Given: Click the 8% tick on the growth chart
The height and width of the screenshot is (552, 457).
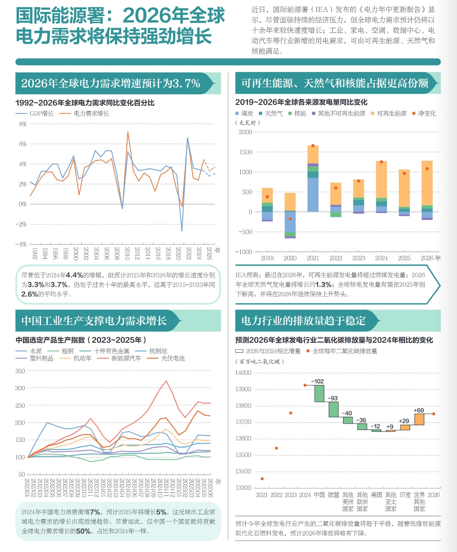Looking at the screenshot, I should [23, 124].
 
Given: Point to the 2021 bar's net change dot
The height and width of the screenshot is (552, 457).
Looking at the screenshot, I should [313, 146].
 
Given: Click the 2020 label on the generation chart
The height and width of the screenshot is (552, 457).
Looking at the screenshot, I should [290, 258].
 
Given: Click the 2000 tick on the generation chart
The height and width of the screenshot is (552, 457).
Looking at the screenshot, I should [246, 132].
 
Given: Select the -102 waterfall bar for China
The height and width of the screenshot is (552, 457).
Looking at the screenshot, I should [319, 394].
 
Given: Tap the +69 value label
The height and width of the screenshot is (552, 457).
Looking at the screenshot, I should [419, 410].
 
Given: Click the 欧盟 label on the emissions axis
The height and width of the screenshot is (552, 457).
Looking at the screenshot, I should [333, 495].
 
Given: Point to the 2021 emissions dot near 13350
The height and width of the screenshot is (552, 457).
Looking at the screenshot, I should [262, 479].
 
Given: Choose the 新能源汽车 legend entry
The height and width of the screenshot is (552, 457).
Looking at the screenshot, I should [126, 359].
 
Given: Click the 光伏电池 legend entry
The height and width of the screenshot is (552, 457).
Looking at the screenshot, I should [173, 359].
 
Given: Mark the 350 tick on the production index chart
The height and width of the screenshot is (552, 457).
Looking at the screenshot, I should [20, 371].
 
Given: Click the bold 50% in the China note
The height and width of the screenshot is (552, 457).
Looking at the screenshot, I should [83, 531].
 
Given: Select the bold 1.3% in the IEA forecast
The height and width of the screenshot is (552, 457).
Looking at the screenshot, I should [323, 285].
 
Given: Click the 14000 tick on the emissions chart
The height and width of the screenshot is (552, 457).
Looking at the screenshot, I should [243, 373].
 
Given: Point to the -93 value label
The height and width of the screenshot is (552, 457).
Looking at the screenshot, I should [332, 398].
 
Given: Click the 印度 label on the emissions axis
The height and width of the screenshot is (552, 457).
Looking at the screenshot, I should [405, 495].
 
